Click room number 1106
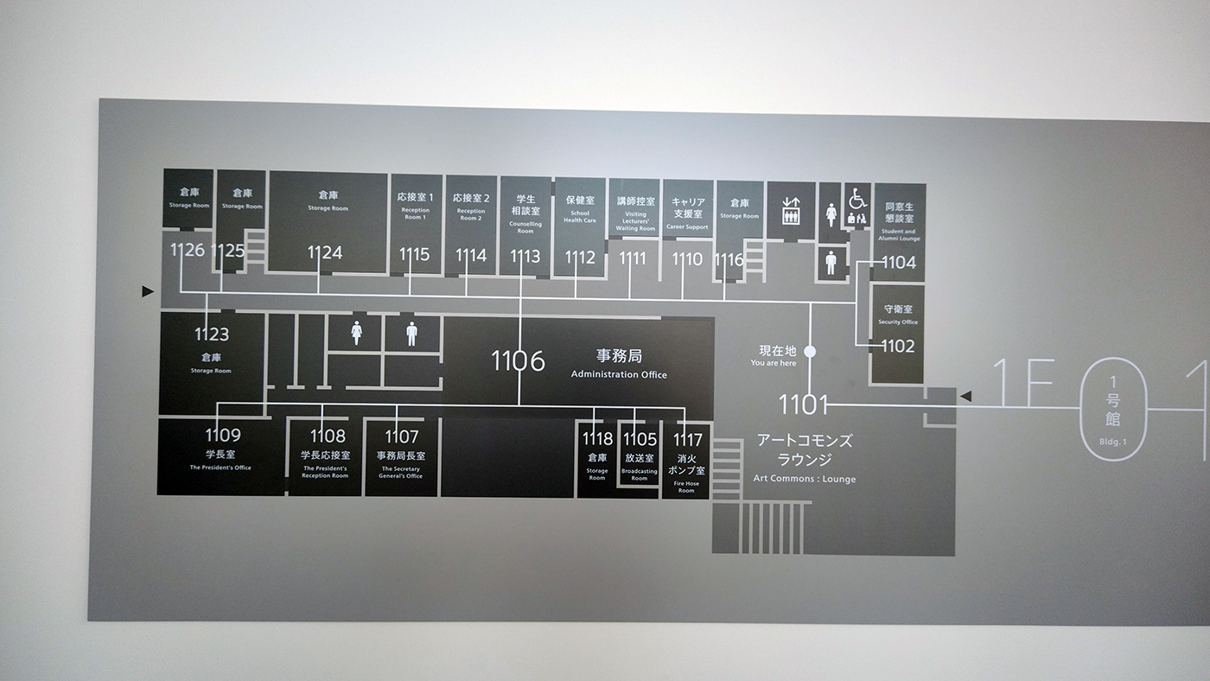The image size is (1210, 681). click(x=518, y=360)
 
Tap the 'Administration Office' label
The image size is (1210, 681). click(x=619, y=374)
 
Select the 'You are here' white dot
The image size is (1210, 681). click(x=810, y=351)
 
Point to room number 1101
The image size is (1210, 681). click(x=804, y=404)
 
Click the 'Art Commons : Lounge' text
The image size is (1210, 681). click(x=804, y=479)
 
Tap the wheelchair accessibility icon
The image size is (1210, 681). click(x=857, y=200)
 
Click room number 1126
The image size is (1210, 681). click(x=188, y=251)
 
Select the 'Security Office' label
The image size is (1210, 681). click(x=898, y=322)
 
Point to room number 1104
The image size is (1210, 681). click(x=899, y=262)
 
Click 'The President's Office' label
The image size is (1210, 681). click(x=220, y=468)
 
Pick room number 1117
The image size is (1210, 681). click(x=688, y=439)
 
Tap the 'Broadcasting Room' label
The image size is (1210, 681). click(x=640, y=474)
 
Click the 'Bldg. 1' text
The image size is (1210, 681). click(x=1112, y=442)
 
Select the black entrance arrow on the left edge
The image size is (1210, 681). click(x=148, y=292)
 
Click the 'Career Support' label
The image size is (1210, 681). click(x=687, y=227)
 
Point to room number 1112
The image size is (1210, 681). click(x=580, y=257)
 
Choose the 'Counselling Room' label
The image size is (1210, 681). click(x=525, y=227)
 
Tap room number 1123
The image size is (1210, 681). click(x=212, y=334)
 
